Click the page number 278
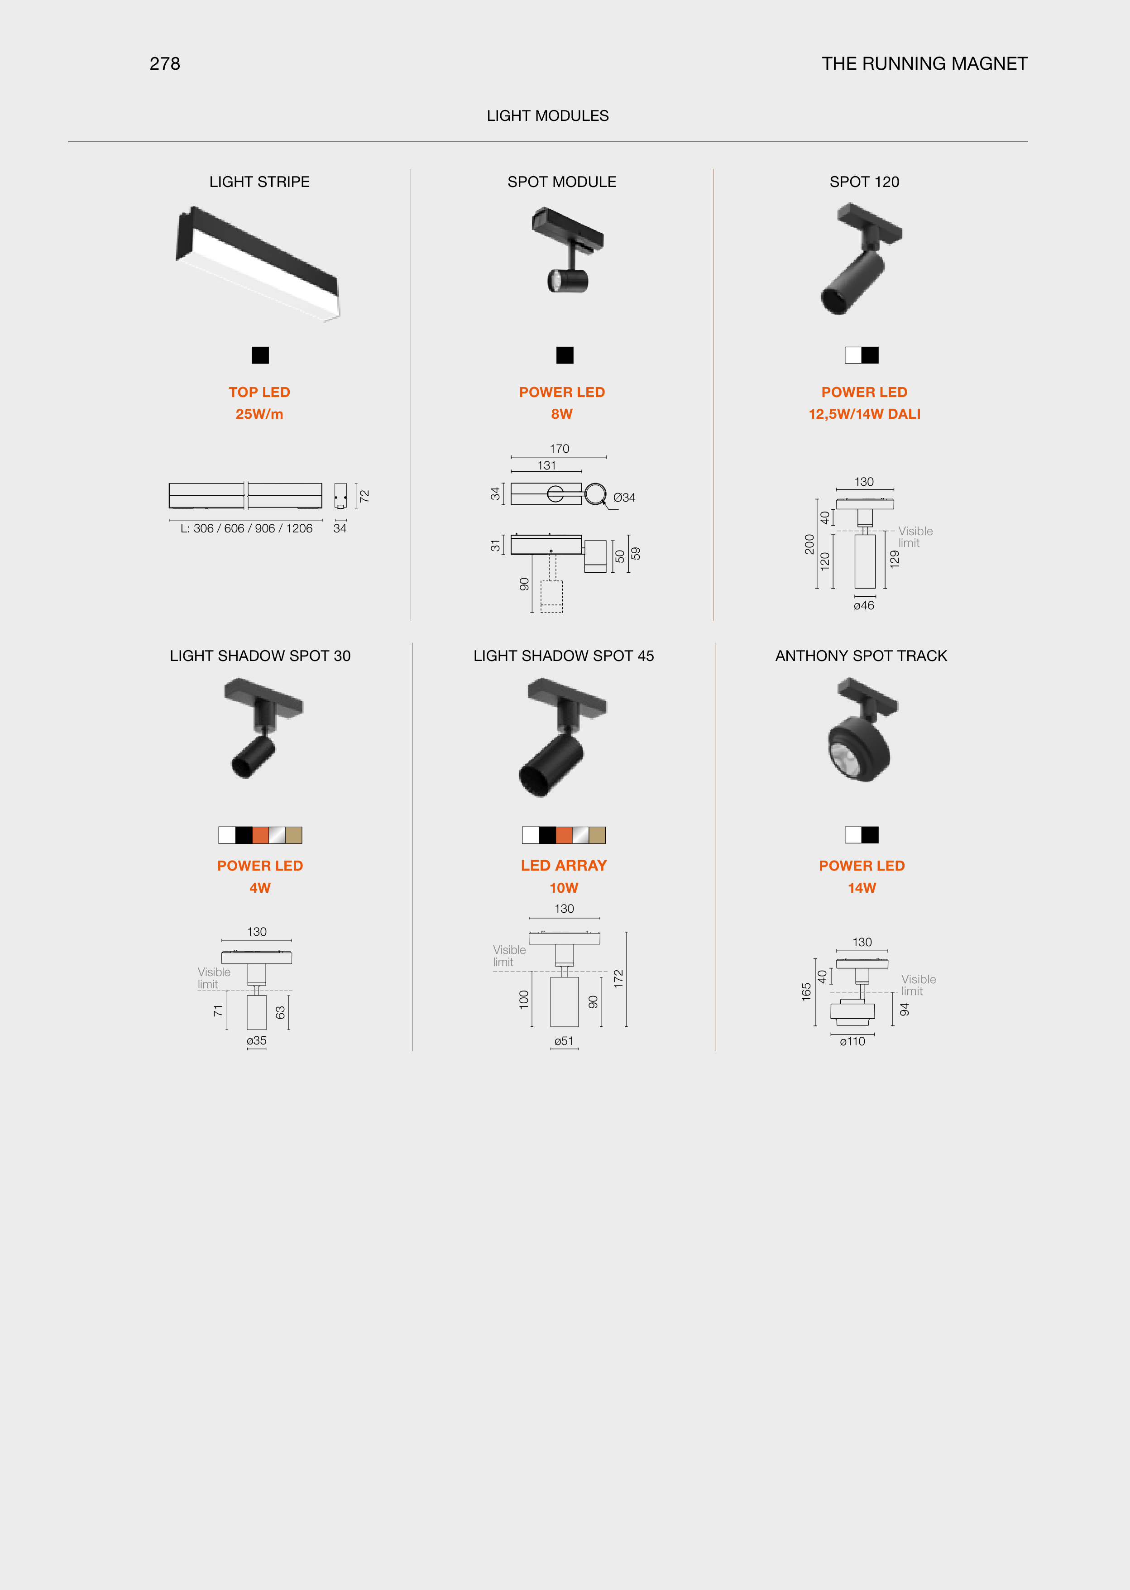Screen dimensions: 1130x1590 [x=165, y=64]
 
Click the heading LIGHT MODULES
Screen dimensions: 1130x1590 [x=548, y=115]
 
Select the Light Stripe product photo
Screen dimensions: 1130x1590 [x=258, y=264]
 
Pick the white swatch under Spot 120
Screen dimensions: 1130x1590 [x=853, y=355]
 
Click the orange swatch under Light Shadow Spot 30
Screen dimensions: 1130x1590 [x=260, y=835]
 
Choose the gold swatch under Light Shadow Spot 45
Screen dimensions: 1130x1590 [x=597, y=835]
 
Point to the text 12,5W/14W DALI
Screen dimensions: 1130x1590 [x=864, y=414]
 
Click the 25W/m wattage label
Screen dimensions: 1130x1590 [x=259, y=414]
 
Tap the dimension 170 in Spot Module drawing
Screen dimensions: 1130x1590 [x=560, y=449]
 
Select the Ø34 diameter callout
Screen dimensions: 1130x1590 [x=624, y=498]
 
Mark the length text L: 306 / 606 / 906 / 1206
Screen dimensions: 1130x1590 [x=246, y=528]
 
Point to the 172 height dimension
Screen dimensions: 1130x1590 [x=618, y=979]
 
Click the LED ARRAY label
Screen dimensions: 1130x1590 [x=564, y=866]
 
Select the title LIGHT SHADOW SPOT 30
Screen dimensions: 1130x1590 [x=260, y=656]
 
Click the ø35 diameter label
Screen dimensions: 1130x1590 [x=257, y=1041]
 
